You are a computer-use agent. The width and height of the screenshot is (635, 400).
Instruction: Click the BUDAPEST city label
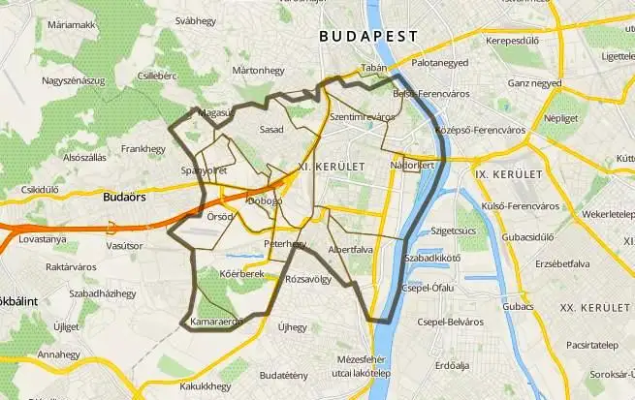[368, 36]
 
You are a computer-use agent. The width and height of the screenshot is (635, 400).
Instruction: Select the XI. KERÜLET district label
[332, 168]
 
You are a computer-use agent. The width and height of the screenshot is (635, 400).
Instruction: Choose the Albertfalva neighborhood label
[353, 249]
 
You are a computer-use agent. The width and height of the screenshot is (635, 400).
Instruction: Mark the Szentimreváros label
[362, 116]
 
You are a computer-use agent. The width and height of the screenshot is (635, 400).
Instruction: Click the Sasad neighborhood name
[272, 129]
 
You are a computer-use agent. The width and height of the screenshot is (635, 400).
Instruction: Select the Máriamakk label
[71, 23]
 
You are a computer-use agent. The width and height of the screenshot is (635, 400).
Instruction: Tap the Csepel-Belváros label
[449, 322]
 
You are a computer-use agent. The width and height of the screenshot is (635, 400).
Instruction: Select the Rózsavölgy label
[308, 279]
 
